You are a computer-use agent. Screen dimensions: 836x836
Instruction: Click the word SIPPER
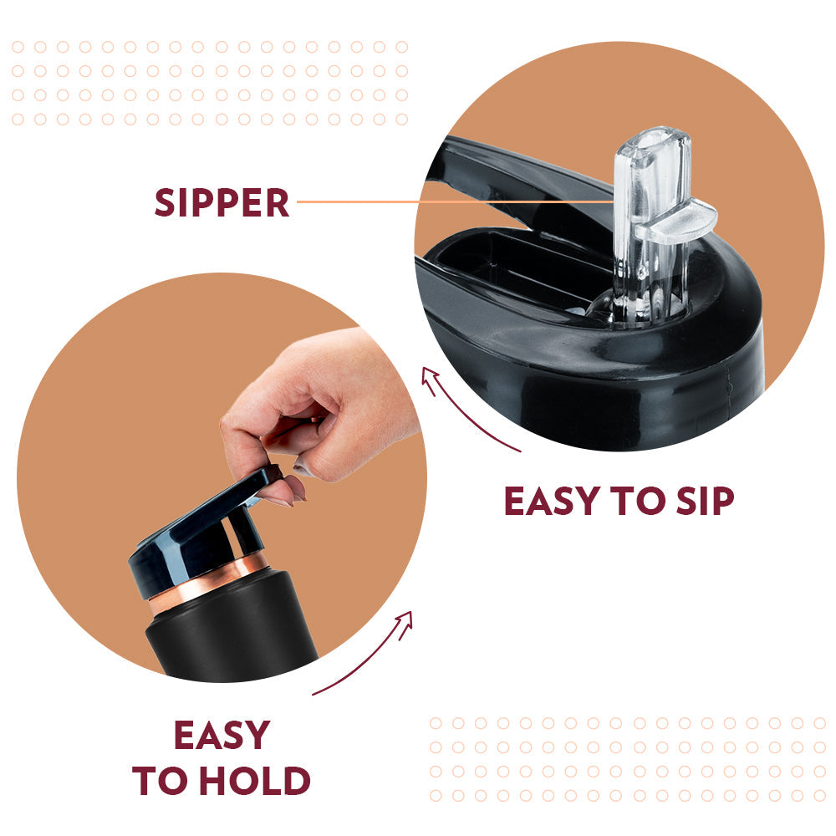[222, 202]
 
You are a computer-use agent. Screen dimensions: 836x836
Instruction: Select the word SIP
[705, 501]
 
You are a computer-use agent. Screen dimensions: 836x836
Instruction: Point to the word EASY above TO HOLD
[222, 735]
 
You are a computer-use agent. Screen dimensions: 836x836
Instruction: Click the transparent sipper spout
[651, 224]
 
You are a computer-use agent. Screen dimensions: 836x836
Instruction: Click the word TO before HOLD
[162, 781]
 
